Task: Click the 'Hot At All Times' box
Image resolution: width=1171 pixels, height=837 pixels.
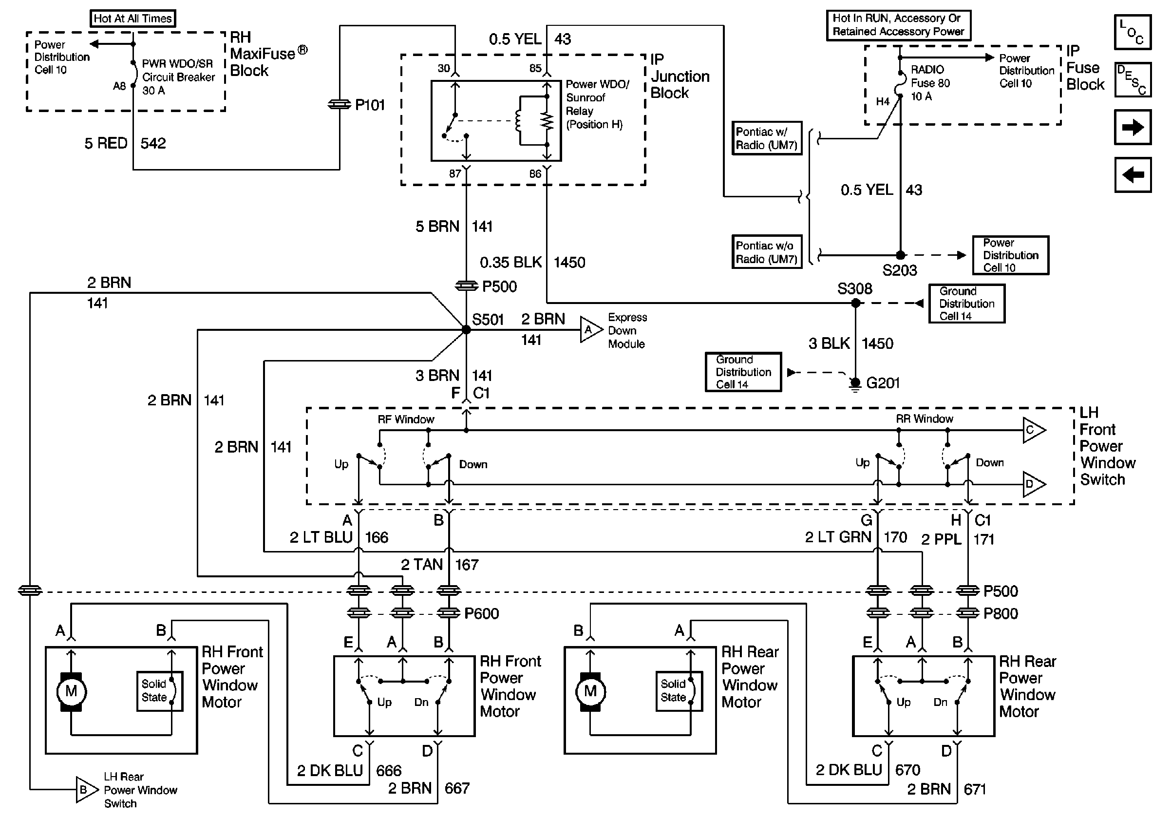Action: pyautogui.click(x=132, y=19)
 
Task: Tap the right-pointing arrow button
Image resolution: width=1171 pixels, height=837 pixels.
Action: pyautogui.click(x=1133, y=127)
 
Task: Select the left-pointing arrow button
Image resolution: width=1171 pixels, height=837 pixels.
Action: pyautogui.click(x=1133, y=175)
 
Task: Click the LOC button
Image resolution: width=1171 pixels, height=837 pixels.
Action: pyautogui.click(x=1133, y=32)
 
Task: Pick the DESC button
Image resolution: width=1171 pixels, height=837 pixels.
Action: pyautogui.click(x=1133, y=80)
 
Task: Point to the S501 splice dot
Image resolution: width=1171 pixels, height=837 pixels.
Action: pyautogui.click(x=466, y=330)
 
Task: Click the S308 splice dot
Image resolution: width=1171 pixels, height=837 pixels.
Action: pyautogui.click(x=856, y=303)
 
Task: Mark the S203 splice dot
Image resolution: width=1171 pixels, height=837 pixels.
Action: pyautogui.click(x=901, y=255)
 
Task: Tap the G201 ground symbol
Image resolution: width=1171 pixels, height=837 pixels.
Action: pyautogui.click(x=855, y=383)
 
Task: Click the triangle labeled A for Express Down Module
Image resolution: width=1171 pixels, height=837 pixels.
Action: pyautogui.click(x=589, y=330)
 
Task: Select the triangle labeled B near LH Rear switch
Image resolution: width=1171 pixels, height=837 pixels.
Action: pyautogui.click(x=85, y=790)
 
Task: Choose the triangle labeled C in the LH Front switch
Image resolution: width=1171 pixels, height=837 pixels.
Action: pyautogui.click(x=1032, y=430)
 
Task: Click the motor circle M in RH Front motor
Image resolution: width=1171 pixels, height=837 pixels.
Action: pyautogui.click(x=71, y=692)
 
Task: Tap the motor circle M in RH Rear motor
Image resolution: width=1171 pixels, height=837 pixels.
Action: pyautogui.click(x=590, y=692)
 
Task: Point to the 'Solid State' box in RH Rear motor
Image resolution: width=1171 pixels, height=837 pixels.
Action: pyautogui.click(x=679, y=691)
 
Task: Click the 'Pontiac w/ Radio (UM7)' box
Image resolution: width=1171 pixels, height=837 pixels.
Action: pyautogui.click(x=767, y=138)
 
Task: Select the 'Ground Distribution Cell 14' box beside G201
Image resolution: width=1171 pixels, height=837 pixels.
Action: pyautogui.click(x=743, y=372)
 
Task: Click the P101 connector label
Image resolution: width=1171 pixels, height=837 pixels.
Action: pyautogui.click(x=369, y=105)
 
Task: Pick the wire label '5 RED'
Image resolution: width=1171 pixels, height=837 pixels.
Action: pyautogui.click(x=106, y=143)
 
